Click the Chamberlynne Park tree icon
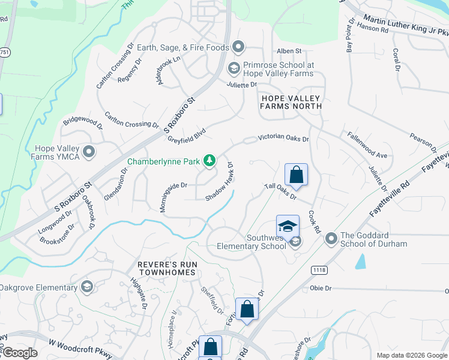point(209,160)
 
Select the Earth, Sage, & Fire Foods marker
point(238,47)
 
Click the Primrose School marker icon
point(233,69)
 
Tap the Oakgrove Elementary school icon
point(87,287)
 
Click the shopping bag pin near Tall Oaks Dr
point(296,175)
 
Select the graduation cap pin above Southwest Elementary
point(288,227)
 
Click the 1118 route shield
point(319,271)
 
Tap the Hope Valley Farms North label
point(291,101)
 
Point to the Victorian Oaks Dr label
point(283,138)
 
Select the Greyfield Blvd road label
point(187,136)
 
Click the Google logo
point(19,353)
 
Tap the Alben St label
point(289,52)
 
